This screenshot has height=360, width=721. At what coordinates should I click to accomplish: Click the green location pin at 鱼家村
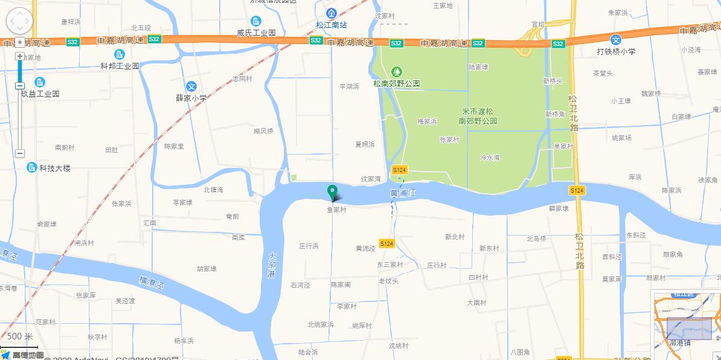point(332,192)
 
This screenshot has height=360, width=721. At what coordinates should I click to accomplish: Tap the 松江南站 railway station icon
point(331,13)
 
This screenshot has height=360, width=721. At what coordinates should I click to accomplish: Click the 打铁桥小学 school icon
point(615,40)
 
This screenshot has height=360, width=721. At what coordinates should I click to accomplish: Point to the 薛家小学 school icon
point(191,86)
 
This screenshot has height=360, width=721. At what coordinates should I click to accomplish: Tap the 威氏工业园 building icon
point(256,21)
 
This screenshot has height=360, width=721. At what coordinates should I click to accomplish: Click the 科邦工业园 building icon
point(120,54)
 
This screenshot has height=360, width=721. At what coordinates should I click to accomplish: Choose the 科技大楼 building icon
point(32,167)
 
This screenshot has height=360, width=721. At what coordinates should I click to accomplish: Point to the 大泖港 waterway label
point(271,265)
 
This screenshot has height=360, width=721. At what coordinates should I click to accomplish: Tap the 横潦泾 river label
point(151,283)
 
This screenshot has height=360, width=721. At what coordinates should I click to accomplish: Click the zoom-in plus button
point(20,56)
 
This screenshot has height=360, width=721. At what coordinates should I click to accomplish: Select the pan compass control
point(19,21)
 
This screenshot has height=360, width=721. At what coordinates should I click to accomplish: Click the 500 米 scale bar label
point(20,336)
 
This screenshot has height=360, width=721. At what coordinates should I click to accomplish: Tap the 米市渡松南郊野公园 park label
point(477,116)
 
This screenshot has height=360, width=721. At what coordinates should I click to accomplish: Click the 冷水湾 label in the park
point(490,157)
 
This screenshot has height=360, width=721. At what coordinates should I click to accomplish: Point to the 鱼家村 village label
point(336,210)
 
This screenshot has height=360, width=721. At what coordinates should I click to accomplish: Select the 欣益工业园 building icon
point(40,82)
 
